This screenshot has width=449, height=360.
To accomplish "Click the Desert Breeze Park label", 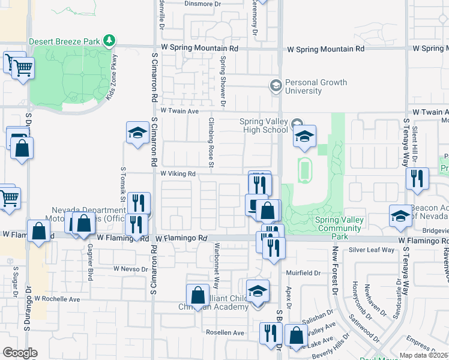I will [65, 41].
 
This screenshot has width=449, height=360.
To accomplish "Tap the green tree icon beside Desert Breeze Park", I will [109, 41].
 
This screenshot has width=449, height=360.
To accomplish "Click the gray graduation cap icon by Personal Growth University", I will [276, 86].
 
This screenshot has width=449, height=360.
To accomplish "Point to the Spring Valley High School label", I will [264, 125].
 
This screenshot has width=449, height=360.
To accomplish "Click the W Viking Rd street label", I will [178, 174].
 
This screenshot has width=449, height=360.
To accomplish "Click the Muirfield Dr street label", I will [306, 272].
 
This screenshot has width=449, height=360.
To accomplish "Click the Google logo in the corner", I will [20, 353].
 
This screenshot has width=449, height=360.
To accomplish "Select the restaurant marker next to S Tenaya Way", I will [415, 178].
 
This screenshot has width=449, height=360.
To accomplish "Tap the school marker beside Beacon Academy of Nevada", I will [400, 215].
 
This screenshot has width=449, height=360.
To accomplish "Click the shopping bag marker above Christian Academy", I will [197, 295].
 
